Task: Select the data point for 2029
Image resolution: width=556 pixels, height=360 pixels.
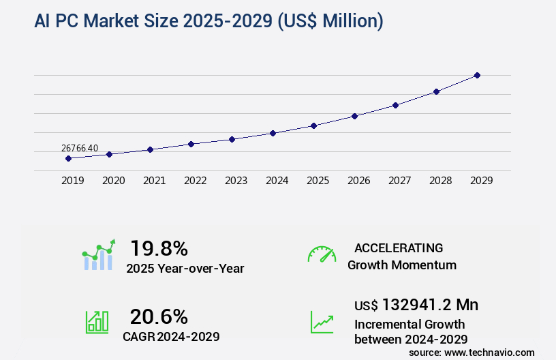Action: pyautogui.click(x=477, y=75)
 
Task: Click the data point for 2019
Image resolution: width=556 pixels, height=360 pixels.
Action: pyautogui.click(x=68, y=158)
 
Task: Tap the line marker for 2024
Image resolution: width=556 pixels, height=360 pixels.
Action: pyautogui.click(x=273, y=133)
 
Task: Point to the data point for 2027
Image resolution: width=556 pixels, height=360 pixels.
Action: pyautogui.click(x=395, y=105)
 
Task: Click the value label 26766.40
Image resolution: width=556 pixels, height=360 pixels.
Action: pyautogui.click(x=80, y=148)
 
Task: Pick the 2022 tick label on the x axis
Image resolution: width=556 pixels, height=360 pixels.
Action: pyautogui.click(x=195, y=181)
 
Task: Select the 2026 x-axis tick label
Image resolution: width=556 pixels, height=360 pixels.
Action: pyautogui.click(x=358, y=181)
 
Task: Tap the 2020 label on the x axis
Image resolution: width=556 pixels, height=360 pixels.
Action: pyautogui.click(x=113, y=181)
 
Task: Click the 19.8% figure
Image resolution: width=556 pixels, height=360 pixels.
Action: pyautogui.click(x=159, y=248)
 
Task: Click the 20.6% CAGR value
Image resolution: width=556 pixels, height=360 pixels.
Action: pyautogui.click(x=159, y=316)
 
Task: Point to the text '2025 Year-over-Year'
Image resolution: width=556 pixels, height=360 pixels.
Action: pyautogui.click(x=185, y=269)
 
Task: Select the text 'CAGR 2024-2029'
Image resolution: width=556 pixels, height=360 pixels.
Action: pyautogui.click(x=171, y=336)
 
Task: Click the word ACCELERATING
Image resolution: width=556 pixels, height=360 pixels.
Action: pyautogui.click(x=399, y=247)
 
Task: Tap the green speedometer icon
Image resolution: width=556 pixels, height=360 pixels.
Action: pyautogui.click(x=322, y=254)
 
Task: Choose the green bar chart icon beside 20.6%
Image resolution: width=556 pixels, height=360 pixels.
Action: pyautogui.click(x=97, y=322)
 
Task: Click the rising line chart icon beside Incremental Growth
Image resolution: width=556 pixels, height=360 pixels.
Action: pyautogui.click(x=322, y=322)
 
